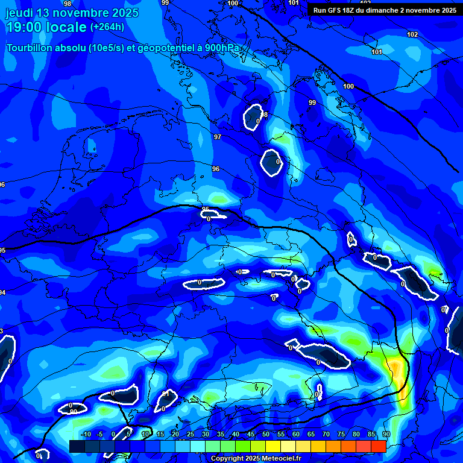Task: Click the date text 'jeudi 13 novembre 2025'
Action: pos(72,13)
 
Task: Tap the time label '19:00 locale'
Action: pos(46,27)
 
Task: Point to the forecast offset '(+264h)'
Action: pos(108,27)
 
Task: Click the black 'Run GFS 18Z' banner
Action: pos(385,10)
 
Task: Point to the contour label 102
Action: pos(412,34)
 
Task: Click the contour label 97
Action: pos(218,137)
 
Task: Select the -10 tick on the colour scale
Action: pos(85,435)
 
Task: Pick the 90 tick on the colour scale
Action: pos(386,435)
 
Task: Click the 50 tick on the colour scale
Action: pos(266,435)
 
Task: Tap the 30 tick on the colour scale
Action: pos(206,435)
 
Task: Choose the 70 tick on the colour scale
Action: pos(326,435)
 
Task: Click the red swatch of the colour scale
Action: pos(379,446)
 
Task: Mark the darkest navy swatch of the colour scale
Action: pos(77,446)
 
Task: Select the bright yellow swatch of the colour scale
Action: pos(273,446)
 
